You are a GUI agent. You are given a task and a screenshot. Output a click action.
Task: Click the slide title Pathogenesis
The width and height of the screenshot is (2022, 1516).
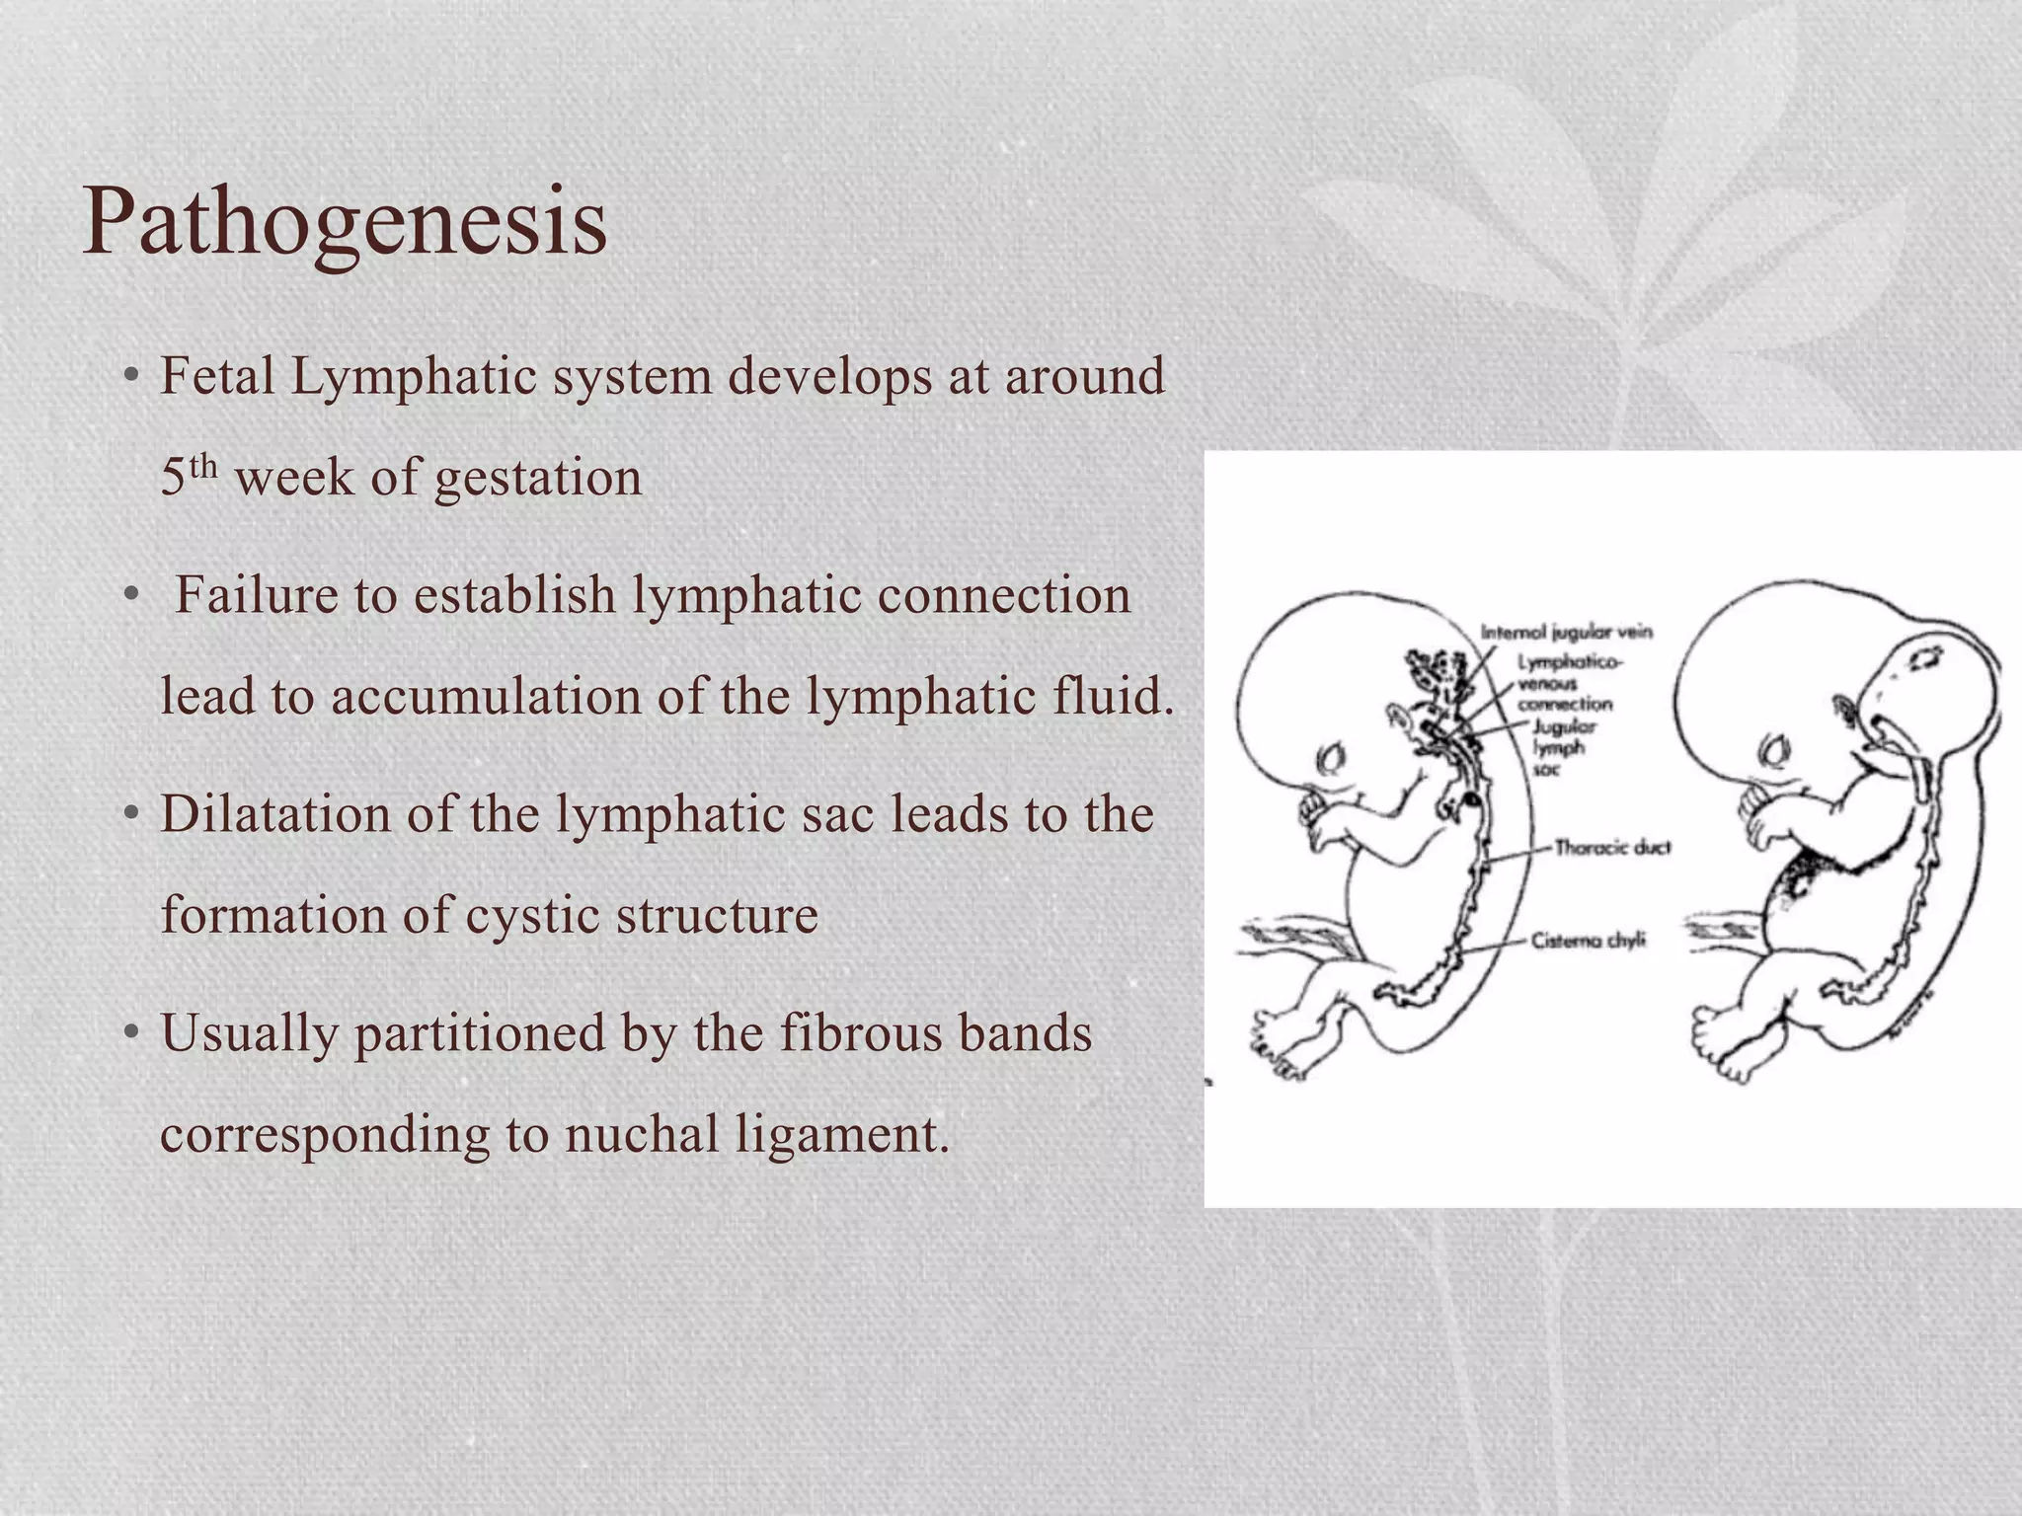344,222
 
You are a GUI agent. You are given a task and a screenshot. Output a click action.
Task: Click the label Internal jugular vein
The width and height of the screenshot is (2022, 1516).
1567,633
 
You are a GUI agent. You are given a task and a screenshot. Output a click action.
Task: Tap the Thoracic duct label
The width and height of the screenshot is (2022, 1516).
1612,847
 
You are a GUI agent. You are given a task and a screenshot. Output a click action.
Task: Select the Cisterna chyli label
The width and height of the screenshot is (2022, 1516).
1589,941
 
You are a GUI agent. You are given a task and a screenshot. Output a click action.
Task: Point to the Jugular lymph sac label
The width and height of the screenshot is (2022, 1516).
1561,747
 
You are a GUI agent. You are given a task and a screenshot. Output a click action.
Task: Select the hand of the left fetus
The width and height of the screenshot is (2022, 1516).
1318,814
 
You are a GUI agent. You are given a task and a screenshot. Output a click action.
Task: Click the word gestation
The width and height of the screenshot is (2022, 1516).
538,478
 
